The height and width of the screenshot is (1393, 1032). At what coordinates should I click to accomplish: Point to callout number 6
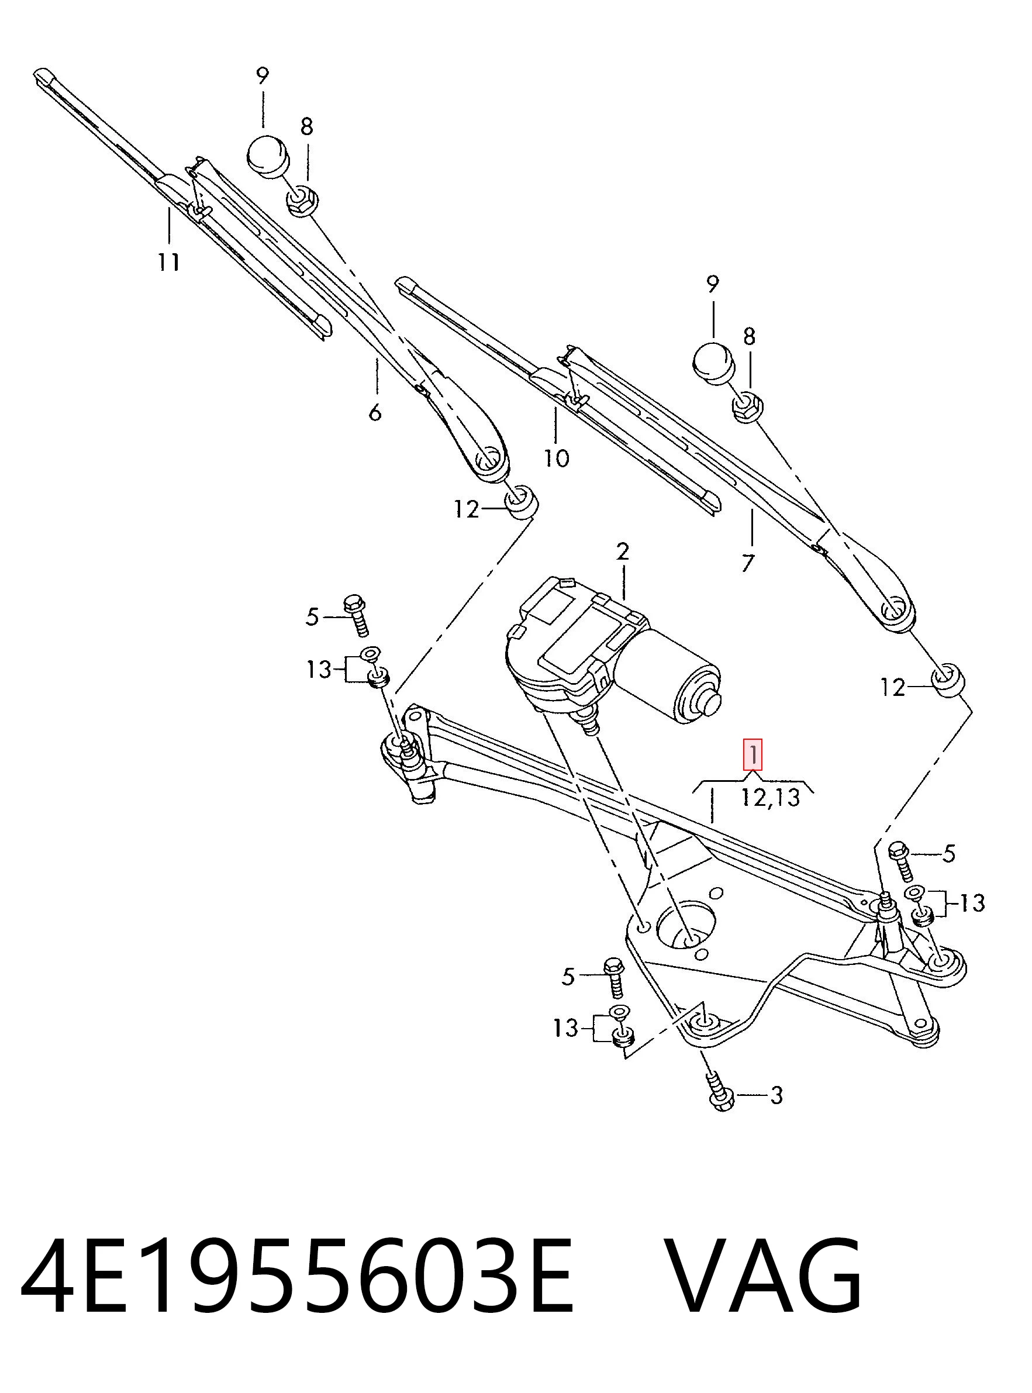[374, 412]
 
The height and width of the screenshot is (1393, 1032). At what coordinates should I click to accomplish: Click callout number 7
[748, 563]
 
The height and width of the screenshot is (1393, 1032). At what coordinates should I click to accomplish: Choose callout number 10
[557, 458]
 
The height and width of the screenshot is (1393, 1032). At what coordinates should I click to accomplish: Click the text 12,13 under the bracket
[770, 797]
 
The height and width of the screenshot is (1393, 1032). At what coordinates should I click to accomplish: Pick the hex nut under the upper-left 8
[303, 200]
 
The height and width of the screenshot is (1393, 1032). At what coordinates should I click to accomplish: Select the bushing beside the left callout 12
[521, 501]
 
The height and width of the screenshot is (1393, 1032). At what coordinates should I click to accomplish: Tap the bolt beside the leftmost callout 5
[356, 615]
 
